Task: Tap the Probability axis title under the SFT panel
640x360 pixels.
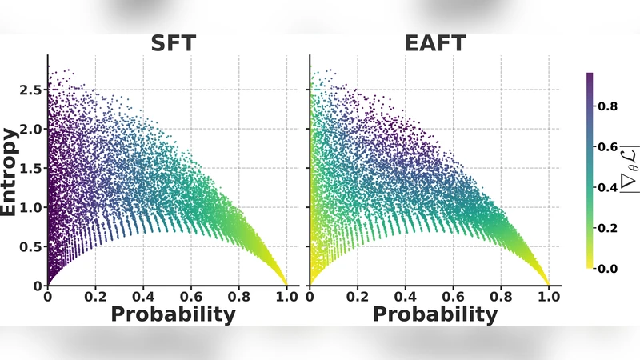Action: click(x=173, y=314)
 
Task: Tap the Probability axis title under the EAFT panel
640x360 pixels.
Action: click(x=434, y=314)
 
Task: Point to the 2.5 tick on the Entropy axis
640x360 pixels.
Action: click(x=32, y=90)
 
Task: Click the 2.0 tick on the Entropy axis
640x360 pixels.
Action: click(x=32, y=129)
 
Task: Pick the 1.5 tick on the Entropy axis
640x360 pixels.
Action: click(x=32, y=168)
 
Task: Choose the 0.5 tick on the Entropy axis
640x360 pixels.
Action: click(x=32, y=246)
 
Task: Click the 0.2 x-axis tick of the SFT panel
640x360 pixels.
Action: click(x=96, y=295)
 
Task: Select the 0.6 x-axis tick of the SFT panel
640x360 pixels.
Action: click(x=192, y=295)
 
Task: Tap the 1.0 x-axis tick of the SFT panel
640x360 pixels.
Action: click(x=287, y=295)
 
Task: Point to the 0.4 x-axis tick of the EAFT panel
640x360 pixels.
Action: click(x=405, y=295)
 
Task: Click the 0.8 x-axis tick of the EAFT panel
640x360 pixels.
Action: click(x=501, y=295)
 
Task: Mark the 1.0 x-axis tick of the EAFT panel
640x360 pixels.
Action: click(x=548, y=295)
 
